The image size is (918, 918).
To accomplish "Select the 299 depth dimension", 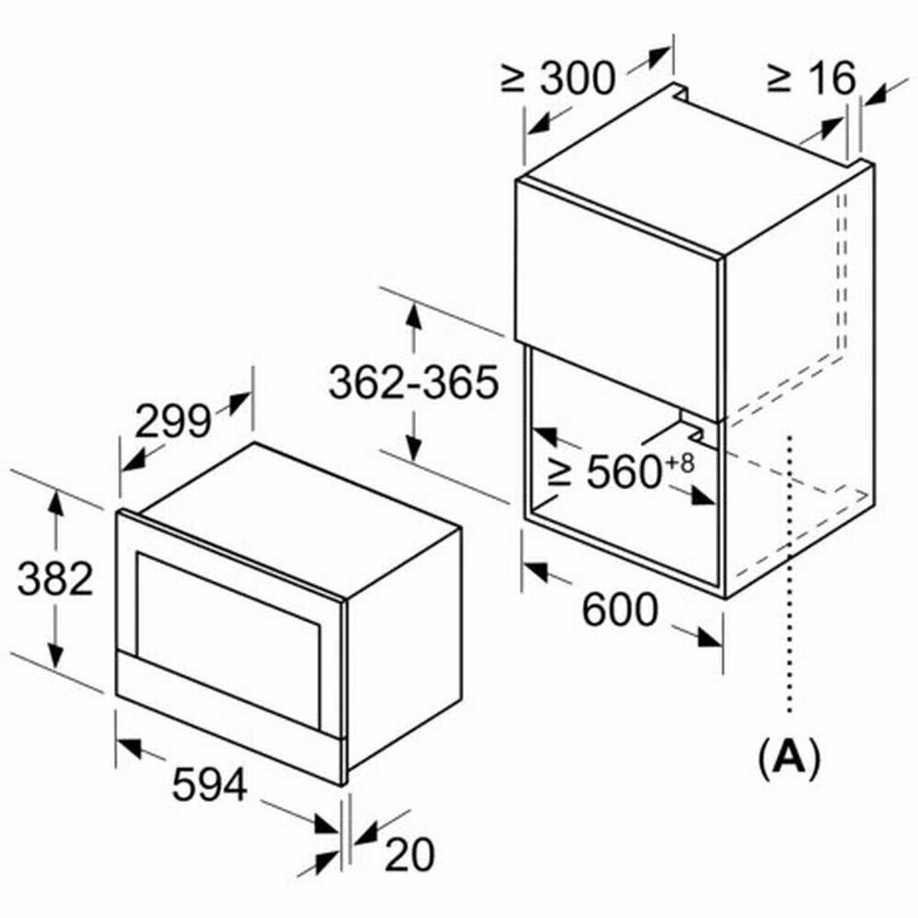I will tap(172, 421).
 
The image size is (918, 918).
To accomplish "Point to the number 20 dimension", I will tap(409, 856).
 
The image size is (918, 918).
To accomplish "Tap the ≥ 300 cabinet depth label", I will tap(557, 79).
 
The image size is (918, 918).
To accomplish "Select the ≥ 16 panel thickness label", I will tap(811, 79).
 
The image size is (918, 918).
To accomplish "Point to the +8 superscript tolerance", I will tap(680, 462).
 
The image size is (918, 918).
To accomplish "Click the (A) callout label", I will tap(788, 758).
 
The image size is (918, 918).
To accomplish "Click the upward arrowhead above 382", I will tap(57, 503).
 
